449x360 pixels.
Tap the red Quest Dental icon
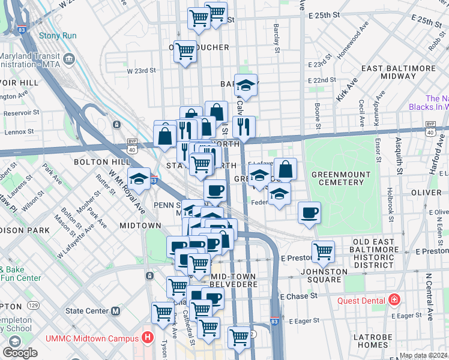(x=394, y=299)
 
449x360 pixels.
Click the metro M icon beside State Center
(x=116, y=311)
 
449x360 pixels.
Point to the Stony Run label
(x=58, y=35)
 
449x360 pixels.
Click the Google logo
(x=19, y=353)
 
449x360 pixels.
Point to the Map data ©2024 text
(x=423, y=355)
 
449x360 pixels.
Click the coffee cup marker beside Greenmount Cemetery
(x=310, y=212)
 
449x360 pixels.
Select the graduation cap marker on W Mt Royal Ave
(x=139, y=179)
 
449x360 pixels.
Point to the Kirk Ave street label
(x=343, y=88)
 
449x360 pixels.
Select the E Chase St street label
(x=298, y=296)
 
